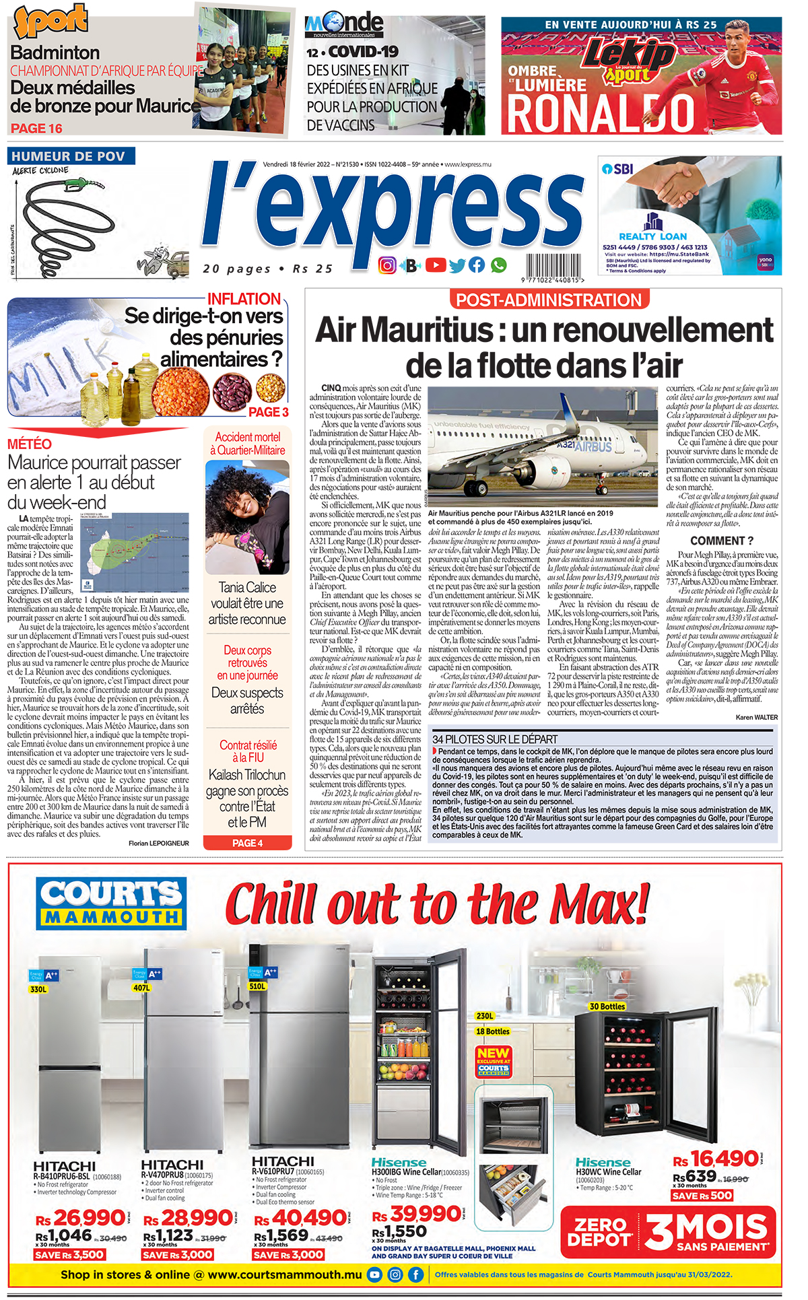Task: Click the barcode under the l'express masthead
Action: click(551, 267)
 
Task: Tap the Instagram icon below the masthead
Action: click(387, 265)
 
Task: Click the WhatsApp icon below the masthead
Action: click(498, 265)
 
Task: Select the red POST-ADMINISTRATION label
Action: click(549, 300)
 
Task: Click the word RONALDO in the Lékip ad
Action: click(599, 113)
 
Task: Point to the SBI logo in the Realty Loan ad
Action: click(617, 169)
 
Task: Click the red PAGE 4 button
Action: click(247, 843)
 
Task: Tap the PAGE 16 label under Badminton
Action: click(36, 128)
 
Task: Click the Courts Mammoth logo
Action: click(111, 903)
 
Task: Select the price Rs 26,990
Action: click(80, 1217)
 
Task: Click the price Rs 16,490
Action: click(716, 1159)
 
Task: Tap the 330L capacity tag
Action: click(38, 989)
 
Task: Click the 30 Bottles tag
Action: click(607, 1006)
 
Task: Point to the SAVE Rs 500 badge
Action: click(702, 1196)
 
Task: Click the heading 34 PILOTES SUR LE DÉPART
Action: click(495, 739)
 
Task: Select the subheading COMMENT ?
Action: click(721, 541)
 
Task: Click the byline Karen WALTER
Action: click(756, 717)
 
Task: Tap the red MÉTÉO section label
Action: click(30, 444)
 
